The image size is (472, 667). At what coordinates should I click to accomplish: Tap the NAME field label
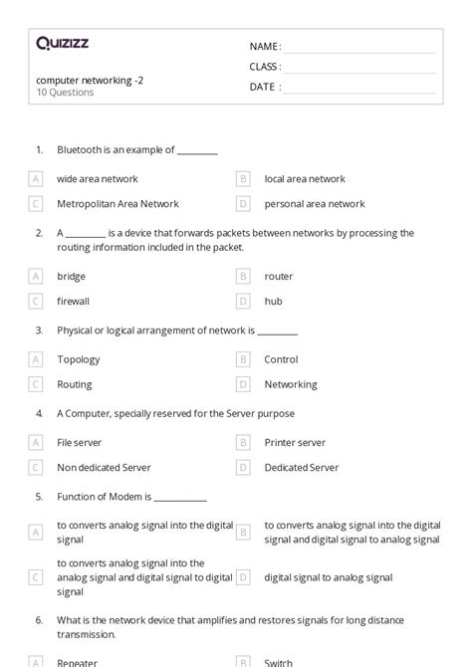[265, 47]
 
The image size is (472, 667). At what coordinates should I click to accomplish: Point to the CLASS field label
[265, 67]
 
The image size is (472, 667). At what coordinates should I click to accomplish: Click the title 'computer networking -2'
[90, 79]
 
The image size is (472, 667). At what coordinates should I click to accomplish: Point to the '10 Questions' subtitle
[65, 93]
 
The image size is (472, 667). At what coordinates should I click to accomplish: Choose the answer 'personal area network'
[315, 204]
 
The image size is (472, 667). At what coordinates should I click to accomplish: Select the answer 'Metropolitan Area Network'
[118, 204]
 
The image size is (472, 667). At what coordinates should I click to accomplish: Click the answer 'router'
[279, 276]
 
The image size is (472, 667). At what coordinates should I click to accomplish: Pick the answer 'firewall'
[73, 301]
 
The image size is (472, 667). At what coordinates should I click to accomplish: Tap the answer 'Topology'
[79, 359]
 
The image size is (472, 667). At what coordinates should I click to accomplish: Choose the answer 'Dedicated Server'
[302, 467]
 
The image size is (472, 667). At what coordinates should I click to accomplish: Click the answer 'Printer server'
[295, 443]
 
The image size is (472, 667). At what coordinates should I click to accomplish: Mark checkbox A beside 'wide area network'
[37, 179]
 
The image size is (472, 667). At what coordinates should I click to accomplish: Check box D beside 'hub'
[243, 301]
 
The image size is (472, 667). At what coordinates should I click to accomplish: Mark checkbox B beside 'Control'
[243, 359]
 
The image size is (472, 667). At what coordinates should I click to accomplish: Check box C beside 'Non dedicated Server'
[37, 467]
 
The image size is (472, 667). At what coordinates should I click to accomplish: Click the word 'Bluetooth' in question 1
[81, 150]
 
